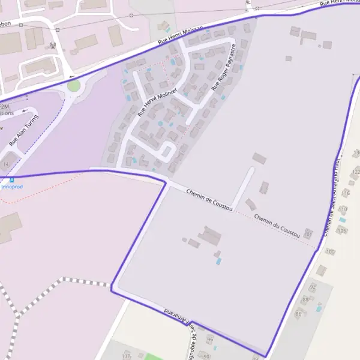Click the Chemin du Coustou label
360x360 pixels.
click(x=277, y=226)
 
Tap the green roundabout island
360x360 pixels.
click(x=73, y=86)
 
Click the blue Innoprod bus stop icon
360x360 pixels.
click(x=11, y=179)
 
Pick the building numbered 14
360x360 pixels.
click(x=7, y=163)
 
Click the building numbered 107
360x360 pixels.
click(x=308, y=233)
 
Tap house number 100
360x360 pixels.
click(x=329, y=251)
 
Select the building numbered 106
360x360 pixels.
click(x=342, y=230)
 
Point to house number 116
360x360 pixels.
click(x=345, y=193)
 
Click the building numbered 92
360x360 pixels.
click(x=313, y=287)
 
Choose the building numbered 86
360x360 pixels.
click(x=298, y=314)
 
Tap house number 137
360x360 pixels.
click(x=126, y=356)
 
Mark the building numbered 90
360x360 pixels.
click(x=207, y=356)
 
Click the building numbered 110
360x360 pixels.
click(x=343, y=209)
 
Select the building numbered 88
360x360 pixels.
click(x=305, y=299)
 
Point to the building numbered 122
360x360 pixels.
click(x=355, y=172)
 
